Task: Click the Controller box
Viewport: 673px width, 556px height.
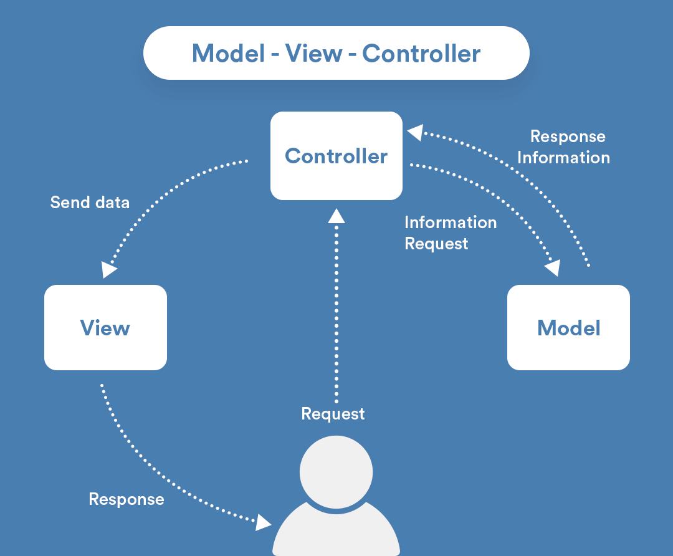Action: coord(336,156)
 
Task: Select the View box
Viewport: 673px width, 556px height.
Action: coord(105,328)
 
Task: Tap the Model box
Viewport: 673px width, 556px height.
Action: coord(568,328)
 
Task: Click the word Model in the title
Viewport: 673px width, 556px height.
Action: coord(228,54)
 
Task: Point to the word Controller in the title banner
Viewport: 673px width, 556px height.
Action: coord(421,54)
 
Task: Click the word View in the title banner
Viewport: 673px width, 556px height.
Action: coord(313,54)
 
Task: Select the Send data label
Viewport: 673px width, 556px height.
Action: coord(90,203)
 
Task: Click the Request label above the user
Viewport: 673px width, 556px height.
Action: coord(333,414)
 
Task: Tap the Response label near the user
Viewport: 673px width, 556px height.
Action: coord(126,499)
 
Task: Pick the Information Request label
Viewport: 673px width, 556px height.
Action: coord(450,232)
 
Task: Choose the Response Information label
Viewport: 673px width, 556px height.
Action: coord(564,147)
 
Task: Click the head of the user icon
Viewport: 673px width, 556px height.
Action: coord(336,471)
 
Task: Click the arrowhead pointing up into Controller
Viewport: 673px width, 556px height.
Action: coord(336,216)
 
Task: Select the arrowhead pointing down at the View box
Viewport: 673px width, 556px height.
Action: coord(109,269)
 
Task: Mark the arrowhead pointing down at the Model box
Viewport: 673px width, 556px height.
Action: coord(553,268)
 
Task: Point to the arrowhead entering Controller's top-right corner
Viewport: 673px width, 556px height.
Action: coord(415,132)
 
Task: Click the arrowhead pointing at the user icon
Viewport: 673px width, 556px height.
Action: coord(264,522)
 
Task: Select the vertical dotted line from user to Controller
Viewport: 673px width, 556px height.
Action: coord(336,312)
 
